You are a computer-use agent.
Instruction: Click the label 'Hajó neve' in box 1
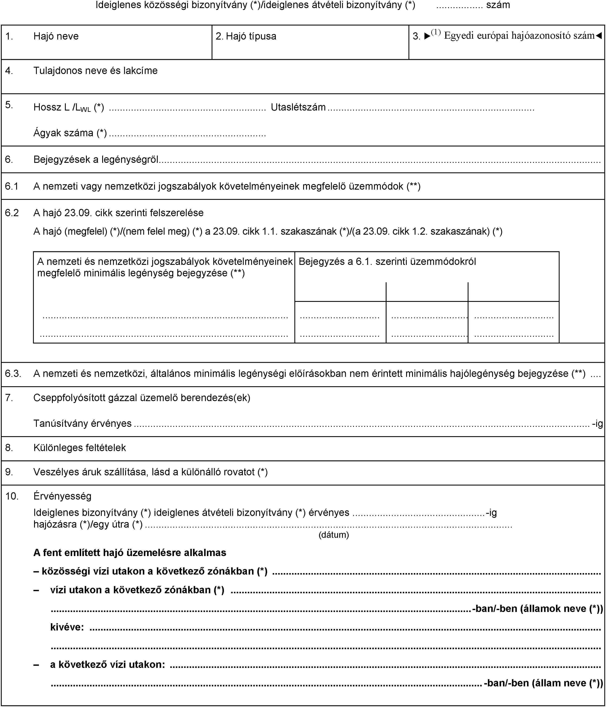(56, 36)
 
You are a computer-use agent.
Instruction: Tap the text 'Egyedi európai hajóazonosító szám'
(519, 35)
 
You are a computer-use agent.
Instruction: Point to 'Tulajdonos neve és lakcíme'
(95, 71)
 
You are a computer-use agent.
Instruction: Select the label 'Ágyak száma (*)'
(70, 133)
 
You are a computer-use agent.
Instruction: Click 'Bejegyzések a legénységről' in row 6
(96, 159)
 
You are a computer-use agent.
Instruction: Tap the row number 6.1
(12, 186)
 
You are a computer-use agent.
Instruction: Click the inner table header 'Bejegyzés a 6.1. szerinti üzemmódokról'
(387, 262)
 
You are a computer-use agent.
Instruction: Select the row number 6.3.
(13, 374)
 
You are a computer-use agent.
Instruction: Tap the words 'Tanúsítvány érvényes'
(82, 423)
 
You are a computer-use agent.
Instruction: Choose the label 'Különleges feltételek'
(80, 448)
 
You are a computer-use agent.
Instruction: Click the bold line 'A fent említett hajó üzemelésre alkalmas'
(130, 553)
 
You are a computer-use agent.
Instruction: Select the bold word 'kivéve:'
(67, 627)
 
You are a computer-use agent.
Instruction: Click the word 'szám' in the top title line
(498, 5)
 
